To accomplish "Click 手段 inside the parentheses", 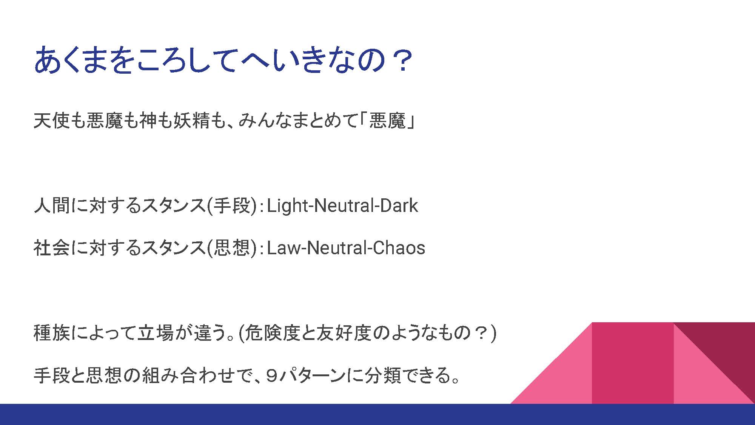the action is click(231, 206).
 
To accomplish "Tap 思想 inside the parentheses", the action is click(231, 248).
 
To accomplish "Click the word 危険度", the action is click(272, 333).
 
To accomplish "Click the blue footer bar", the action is click(377, 414).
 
